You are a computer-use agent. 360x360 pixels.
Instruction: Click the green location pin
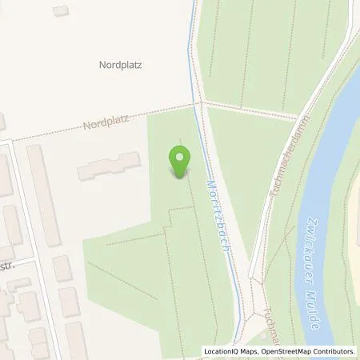[x=180, y=160]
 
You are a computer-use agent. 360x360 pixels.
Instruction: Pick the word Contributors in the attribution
[x=332, y=351]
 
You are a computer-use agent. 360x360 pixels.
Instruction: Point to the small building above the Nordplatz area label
[x=61, y=11]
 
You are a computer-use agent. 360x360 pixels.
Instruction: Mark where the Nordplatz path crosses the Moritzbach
[x=197, y=103]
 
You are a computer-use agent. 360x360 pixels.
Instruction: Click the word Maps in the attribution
[x=250, y=351]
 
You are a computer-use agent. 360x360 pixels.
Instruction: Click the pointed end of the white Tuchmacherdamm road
[x=251, y=279]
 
